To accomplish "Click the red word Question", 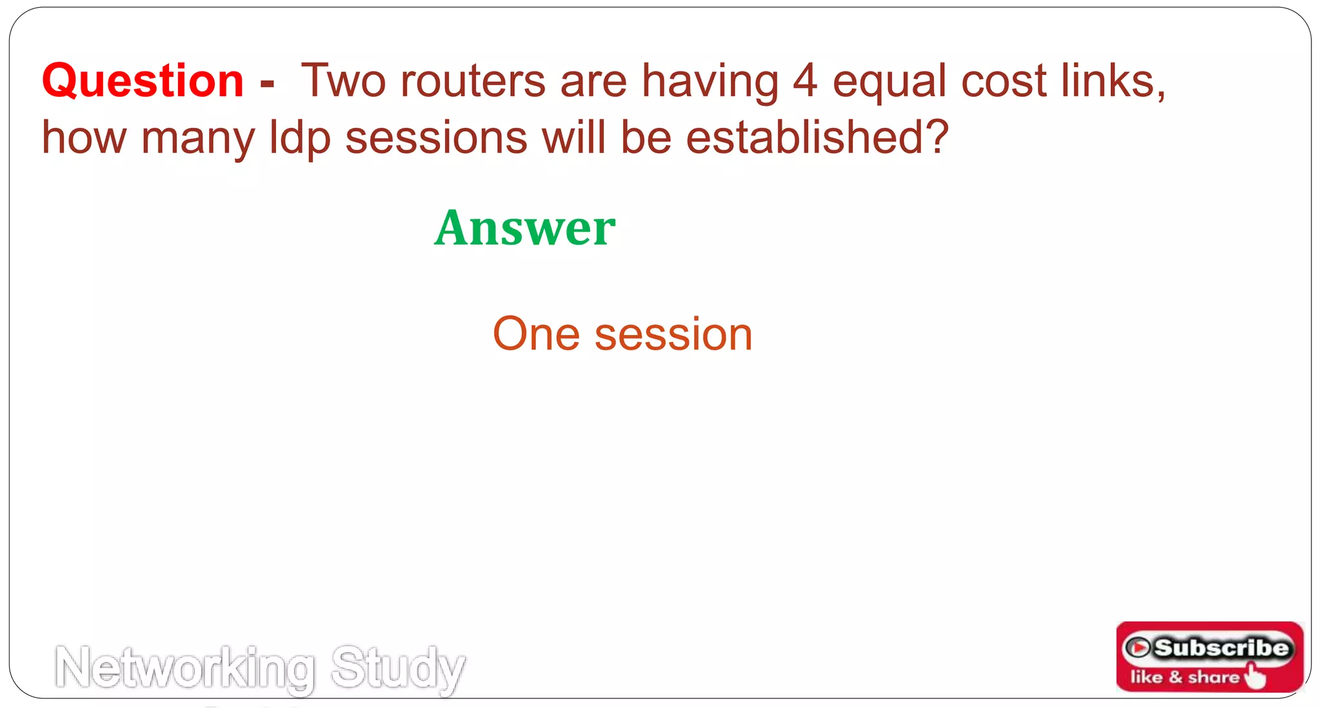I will click(143, 81).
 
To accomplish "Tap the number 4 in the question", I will click(805, 81).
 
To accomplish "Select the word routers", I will click(473, 81).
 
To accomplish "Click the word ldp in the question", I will click(300, 138).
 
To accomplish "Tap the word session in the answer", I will click(673, 334).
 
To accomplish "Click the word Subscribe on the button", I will click(1220, 647).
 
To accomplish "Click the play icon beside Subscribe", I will click(1138, 647).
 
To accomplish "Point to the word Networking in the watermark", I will click(186, 669).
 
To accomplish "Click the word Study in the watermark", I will click(397, 669).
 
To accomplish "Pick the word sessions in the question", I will click(437, 138).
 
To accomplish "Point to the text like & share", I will click(1184, 677).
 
